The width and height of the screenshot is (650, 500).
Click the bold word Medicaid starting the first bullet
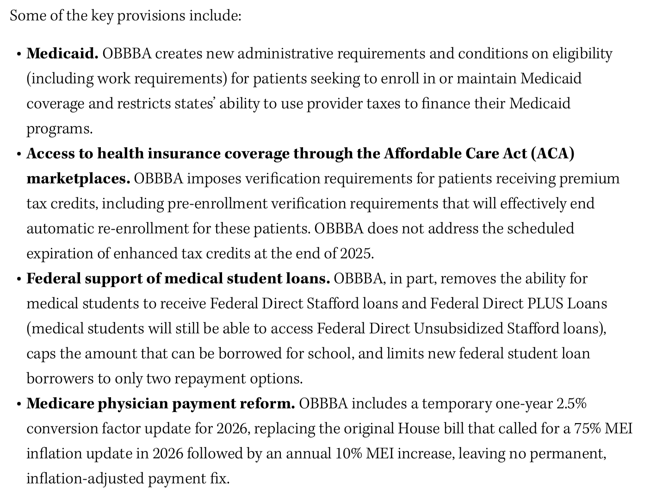(62, 54)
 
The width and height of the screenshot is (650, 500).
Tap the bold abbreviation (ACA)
(552, 154)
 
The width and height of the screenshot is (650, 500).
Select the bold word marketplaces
(78, 179)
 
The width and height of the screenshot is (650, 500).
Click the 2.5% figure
(571, 404)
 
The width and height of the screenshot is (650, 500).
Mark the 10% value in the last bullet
(349, 454)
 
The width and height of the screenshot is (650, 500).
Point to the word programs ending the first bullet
(59, 129)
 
